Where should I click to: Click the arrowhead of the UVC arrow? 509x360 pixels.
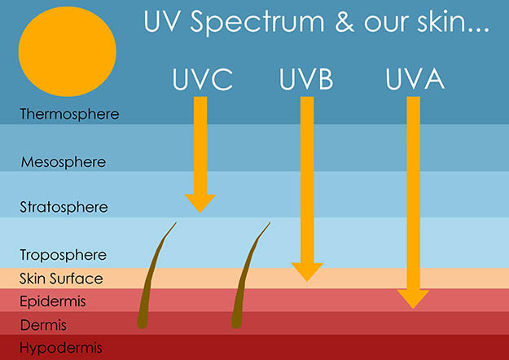pos(200,201)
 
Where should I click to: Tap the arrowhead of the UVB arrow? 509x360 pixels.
pos(306,271)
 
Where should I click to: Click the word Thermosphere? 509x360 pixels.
pos(70,114)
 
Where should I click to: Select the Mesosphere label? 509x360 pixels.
pos(64,162)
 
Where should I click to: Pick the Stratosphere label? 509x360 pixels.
pos(64,208)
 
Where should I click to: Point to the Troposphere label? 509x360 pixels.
pos(64,255)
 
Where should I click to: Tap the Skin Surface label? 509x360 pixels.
pos(62,279)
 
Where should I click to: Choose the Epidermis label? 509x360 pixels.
pos(53,302)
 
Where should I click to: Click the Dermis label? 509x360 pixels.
pos(46,325)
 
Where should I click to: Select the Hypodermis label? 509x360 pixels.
pos(56,349)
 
